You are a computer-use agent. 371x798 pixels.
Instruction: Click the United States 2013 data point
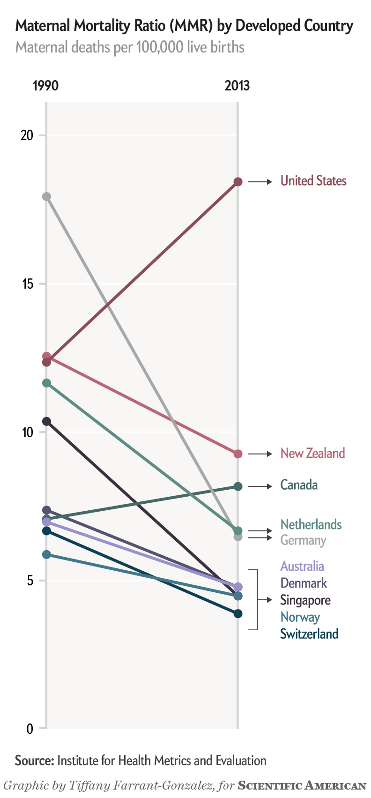click(237, 182)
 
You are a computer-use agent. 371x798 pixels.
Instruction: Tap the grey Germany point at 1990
click(46, 197)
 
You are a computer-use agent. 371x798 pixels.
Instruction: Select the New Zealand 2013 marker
click(237, 454)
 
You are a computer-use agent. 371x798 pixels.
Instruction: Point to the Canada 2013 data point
click(237, 486)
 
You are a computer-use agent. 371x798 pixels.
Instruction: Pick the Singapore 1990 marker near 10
click(46, 421)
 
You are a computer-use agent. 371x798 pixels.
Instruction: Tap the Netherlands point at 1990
click(46, 383)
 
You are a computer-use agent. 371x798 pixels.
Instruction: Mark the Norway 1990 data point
click(46, 555)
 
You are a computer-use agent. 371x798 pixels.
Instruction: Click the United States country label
click(313, 181)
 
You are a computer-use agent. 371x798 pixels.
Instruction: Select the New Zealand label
click(313, 453)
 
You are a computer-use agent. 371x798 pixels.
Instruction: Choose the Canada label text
click(299, 485)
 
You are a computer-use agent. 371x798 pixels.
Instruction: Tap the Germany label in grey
click(303, 541)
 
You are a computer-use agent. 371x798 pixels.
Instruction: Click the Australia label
click(302, 566)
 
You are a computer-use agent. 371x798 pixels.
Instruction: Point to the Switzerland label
click(309, 634)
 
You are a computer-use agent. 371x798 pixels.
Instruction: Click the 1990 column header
click(45, 86)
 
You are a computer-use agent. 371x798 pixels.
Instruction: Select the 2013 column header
click(237, 86)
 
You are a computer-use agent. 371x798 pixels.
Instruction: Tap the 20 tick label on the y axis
click(27, 135)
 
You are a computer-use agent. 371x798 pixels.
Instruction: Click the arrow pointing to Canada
click(260, 486)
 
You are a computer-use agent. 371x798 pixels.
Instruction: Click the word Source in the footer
click(34, 761)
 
